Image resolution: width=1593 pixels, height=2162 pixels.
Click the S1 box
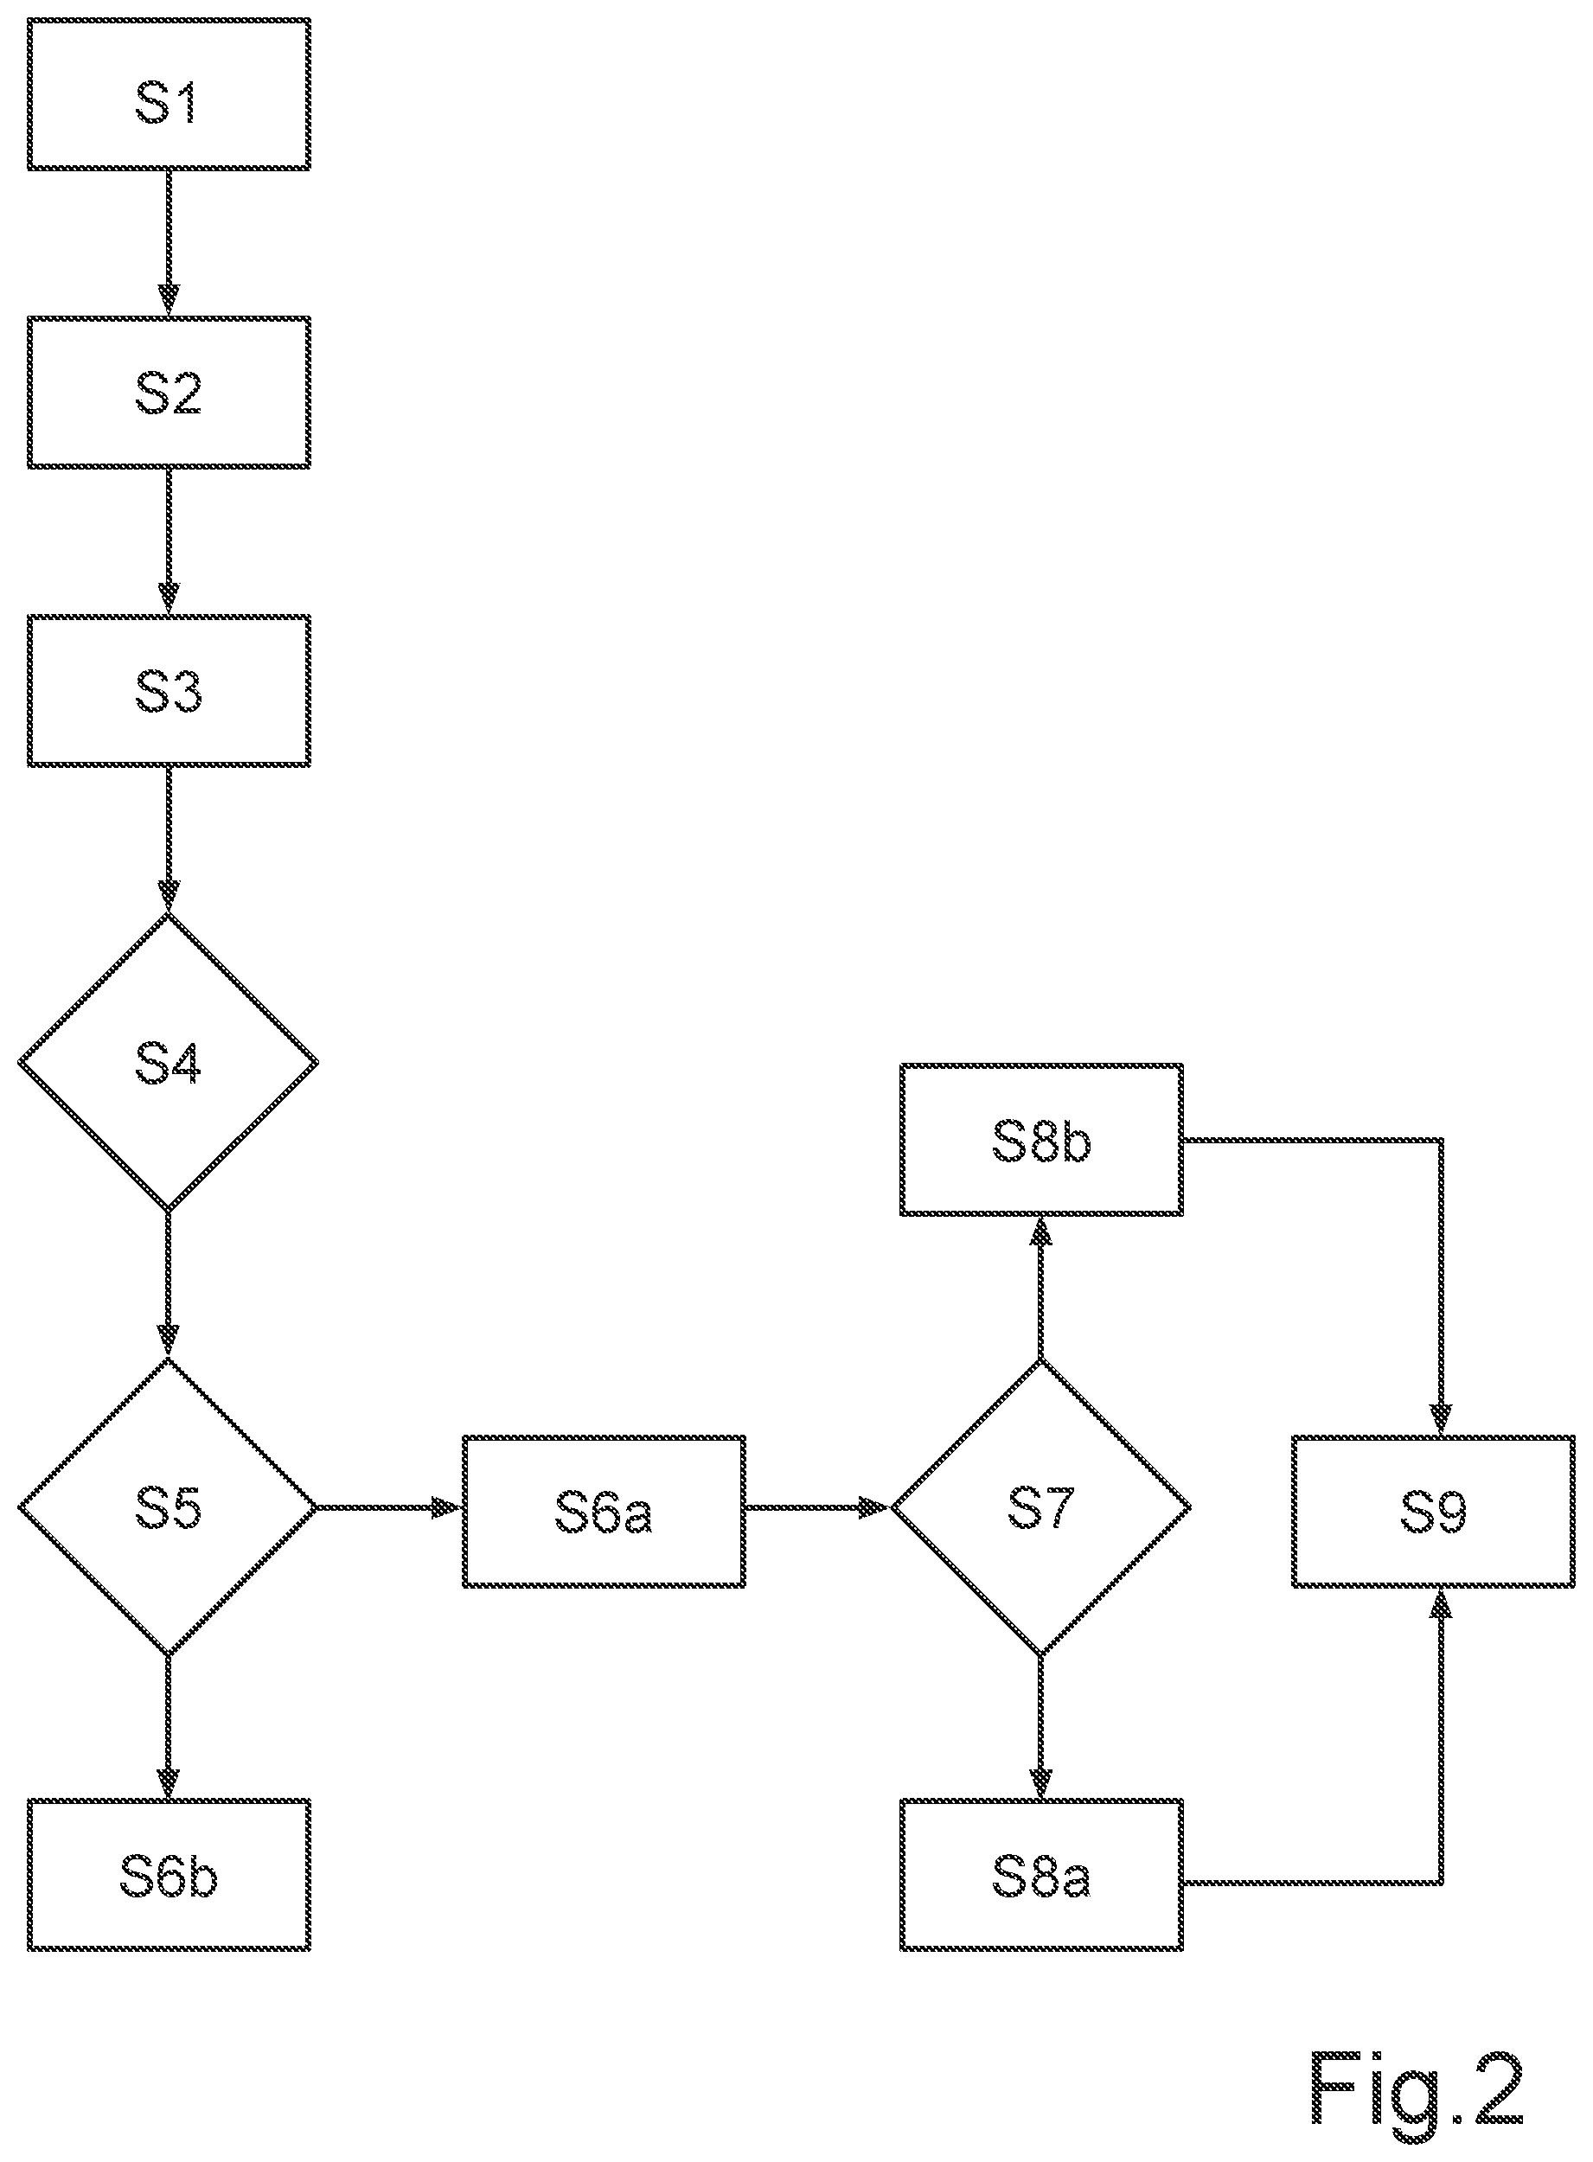[x=169, y=94]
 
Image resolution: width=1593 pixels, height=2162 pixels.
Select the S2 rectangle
[x=169, y=393]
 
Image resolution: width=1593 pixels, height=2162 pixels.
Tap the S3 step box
[x=169, y=692]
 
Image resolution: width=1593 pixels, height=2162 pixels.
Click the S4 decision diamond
[x=169, y=1062]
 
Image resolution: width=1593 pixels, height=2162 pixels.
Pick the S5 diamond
[x=169, y=1507]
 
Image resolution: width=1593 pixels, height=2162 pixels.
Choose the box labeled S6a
[x=604, y=1511]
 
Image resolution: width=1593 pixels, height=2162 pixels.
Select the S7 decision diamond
[x=1040, y=1507]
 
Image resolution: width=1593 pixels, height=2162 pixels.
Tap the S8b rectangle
[x=1041, y=1140]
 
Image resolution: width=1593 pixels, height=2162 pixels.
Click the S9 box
[x=1434, y=1511]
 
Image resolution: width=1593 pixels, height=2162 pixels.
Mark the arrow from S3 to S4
[x=169, y=840]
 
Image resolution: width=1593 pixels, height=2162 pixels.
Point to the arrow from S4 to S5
[x=169, y=1284]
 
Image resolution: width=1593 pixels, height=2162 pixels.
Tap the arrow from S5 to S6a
[x=389, y=1507]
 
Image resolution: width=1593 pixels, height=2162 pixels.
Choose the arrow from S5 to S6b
[x=169, y=1728]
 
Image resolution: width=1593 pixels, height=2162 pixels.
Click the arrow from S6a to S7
[x=818, y=1507]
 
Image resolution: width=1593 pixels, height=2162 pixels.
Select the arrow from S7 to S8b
[x=1040, y=1288]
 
